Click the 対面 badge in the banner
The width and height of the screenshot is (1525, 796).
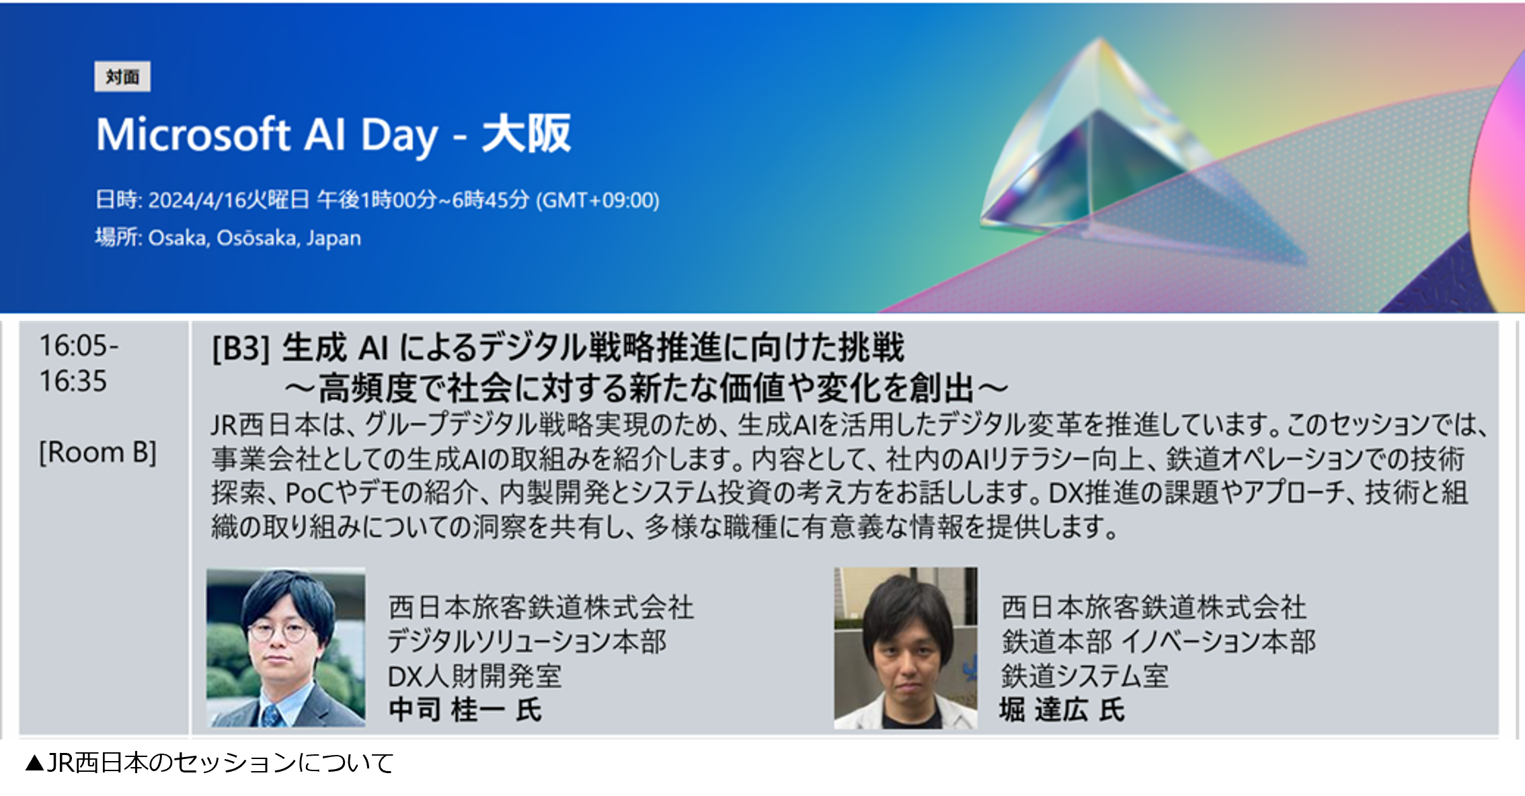[122, 77]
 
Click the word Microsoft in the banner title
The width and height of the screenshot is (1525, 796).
[194, 134]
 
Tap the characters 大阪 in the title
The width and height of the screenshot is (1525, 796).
[526, 134]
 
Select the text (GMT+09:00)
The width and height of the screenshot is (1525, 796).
[598, 200]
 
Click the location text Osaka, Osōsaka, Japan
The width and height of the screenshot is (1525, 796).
[255, 238]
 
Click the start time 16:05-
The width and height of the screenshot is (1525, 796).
[79, 346]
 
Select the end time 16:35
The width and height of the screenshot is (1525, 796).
[73, 381]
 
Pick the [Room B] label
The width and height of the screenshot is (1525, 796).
[98, 452]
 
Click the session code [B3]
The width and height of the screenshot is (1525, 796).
[241, 348]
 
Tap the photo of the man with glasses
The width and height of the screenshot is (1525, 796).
[286, 647]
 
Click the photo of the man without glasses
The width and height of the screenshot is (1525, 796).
[906, 647]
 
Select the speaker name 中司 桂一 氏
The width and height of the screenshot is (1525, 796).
[465, 710]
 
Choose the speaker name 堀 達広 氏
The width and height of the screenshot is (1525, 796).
[1062, 710]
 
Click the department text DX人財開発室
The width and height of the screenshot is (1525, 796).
[475, 676]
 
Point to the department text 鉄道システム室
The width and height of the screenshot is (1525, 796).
[1085, 676]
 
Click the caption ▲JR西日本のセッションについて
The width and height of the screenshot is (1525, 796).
[209, 763]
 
